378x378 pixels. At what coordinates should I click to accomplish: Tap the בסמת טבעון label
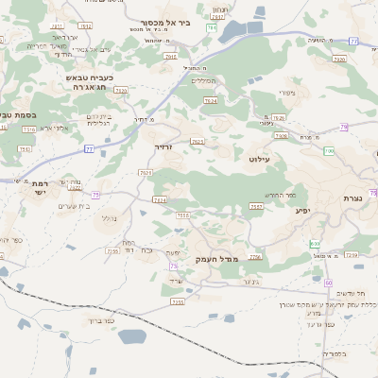coord(16,114)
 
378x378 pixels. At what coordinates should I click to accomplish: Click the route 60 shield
coord(328,283)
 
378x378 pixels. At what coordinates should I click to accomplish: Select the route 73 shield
coord(174,267)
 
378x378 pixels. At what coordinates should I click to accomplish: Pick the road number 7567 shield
coord(256,205)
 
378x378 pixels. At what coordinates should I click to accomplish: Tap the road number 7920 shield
coord(339,59)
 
